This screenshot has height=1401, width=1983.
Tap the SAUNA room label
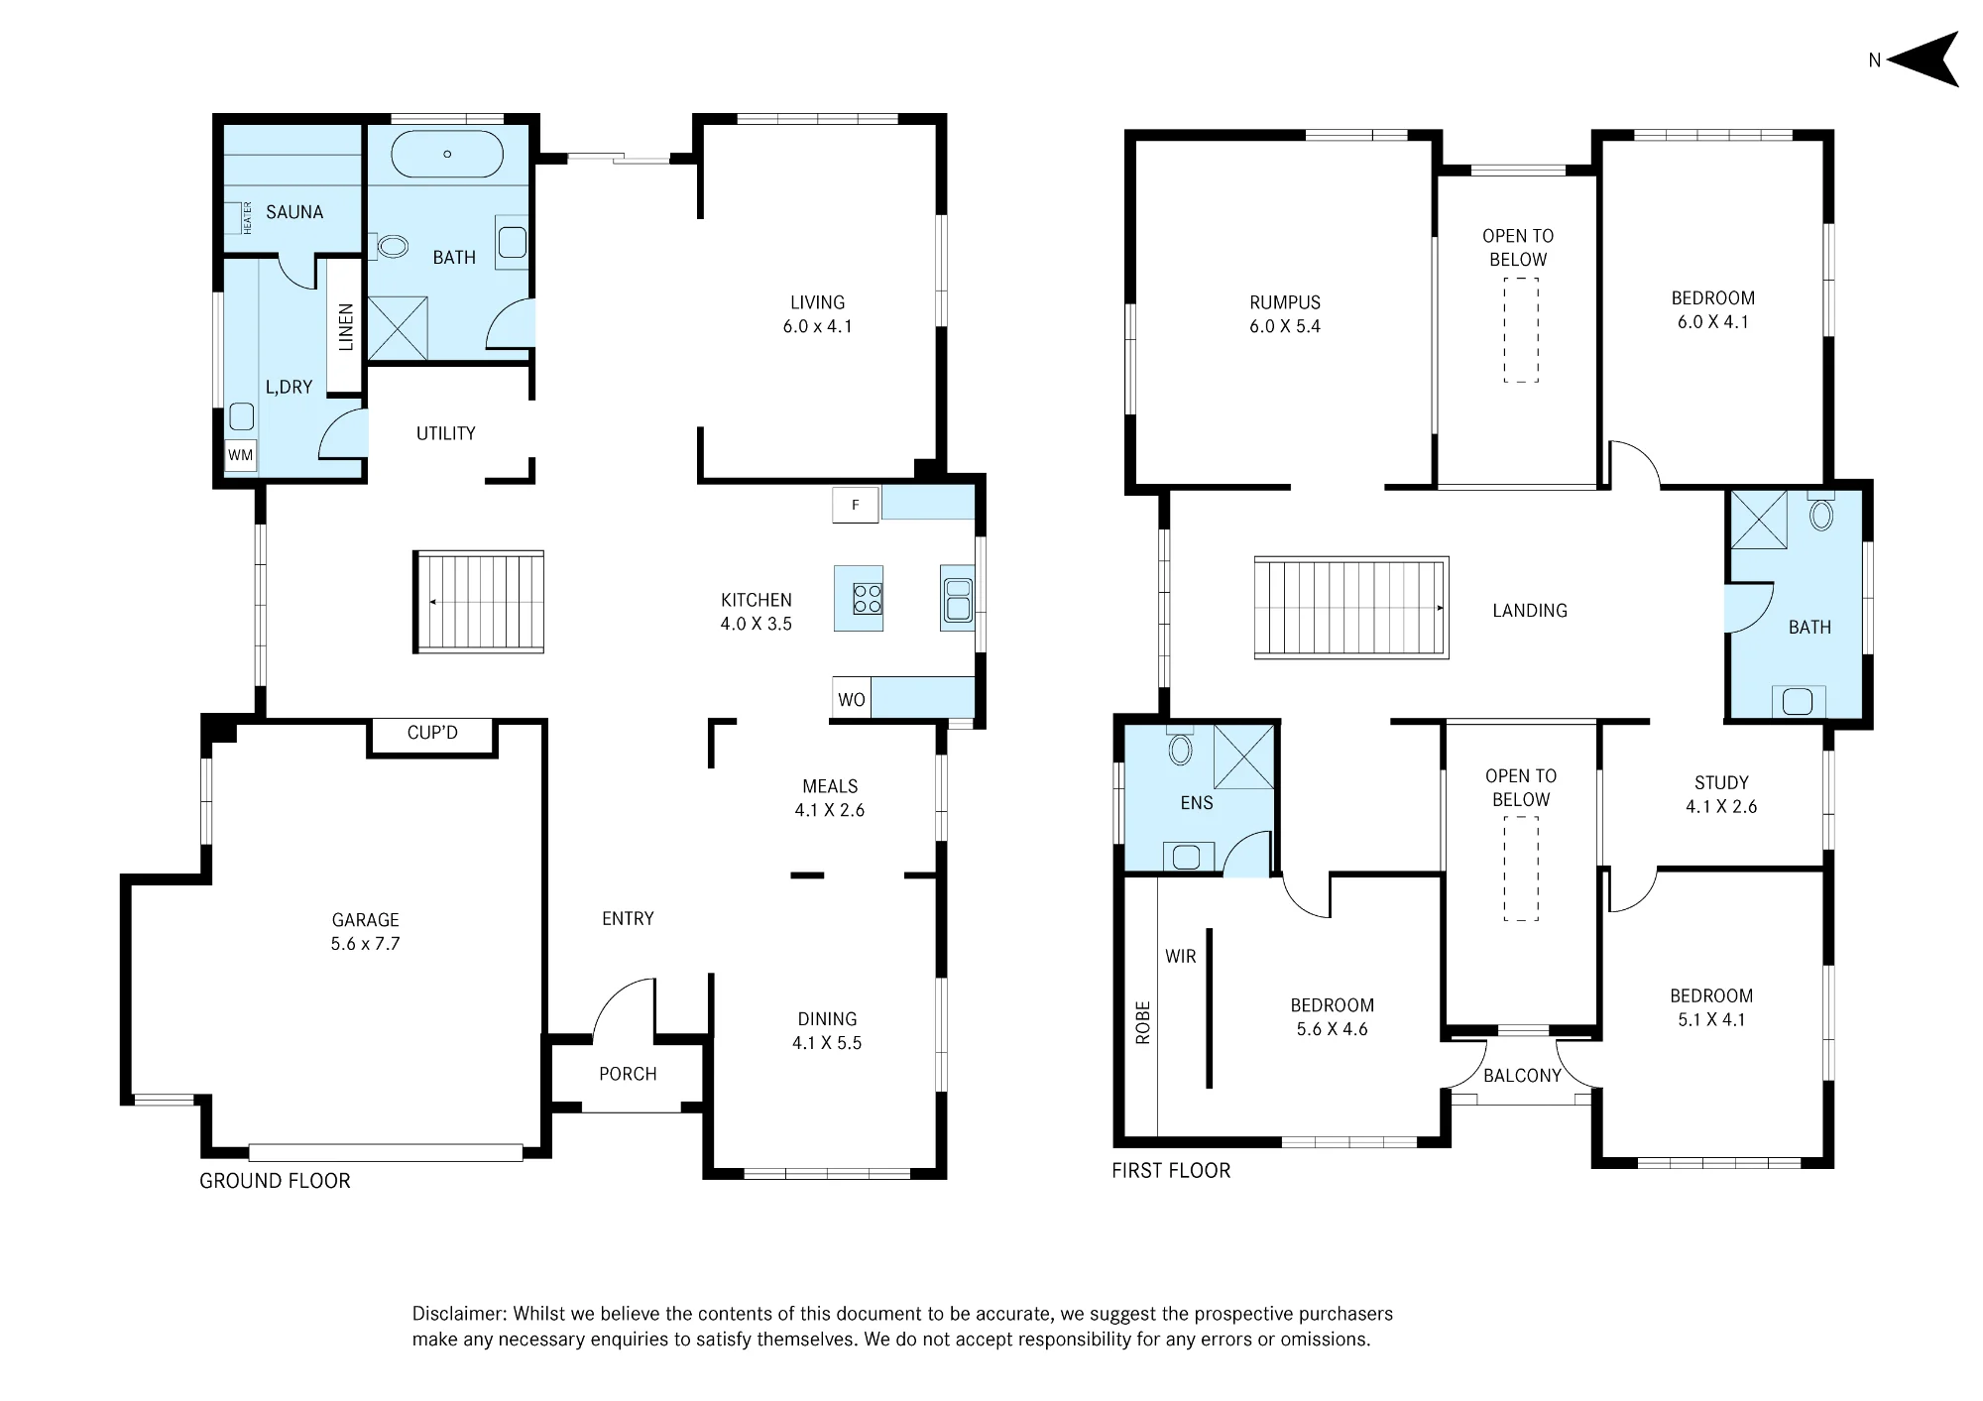click(x=294, y=212)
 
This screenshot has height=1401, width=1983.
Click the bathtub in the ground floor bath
click(x=447, y=154)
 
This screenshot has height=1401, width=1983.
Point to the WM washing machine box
click(x=241, y=456)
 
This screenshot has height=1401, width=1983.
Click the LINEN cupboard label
click(x=346, y=327)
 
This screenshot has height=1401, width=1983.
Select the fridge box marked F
click(x=856, y=505)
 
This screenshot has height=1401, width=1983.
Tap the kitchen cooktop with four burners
click(x=868, y=599)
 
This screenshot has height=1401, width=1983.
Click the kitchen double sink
click(x=958, y=599)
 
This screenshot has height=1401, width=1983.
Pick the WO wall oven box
click(x=852, y=699)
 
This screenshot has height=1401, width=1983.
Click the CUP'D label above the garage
click(x=432, y=733)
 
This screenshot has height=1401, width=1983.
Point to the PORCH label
click(x=628, y=1074)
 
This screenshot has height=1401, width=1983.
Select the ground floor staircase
click(x=479, y=602)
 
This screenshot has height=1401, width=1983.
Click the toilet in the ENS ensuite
click(x=1180, y=748)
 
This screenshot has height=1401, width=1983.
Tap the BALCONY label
click(x=1522, y=1076)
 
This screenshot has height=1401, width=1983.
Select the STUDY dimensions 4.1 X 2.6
click(x=1721, y=807)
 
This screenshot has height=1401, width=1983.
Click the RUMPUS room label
click(x=1285, y=302)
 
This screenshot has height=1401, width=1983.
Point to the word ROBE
click(x=1143, y=1022)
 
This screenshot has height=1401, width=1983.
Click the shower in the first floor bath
click(x=1759, y=520)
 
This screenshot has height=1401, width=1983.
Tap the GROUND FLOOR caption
click(x=275, y=1181)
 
